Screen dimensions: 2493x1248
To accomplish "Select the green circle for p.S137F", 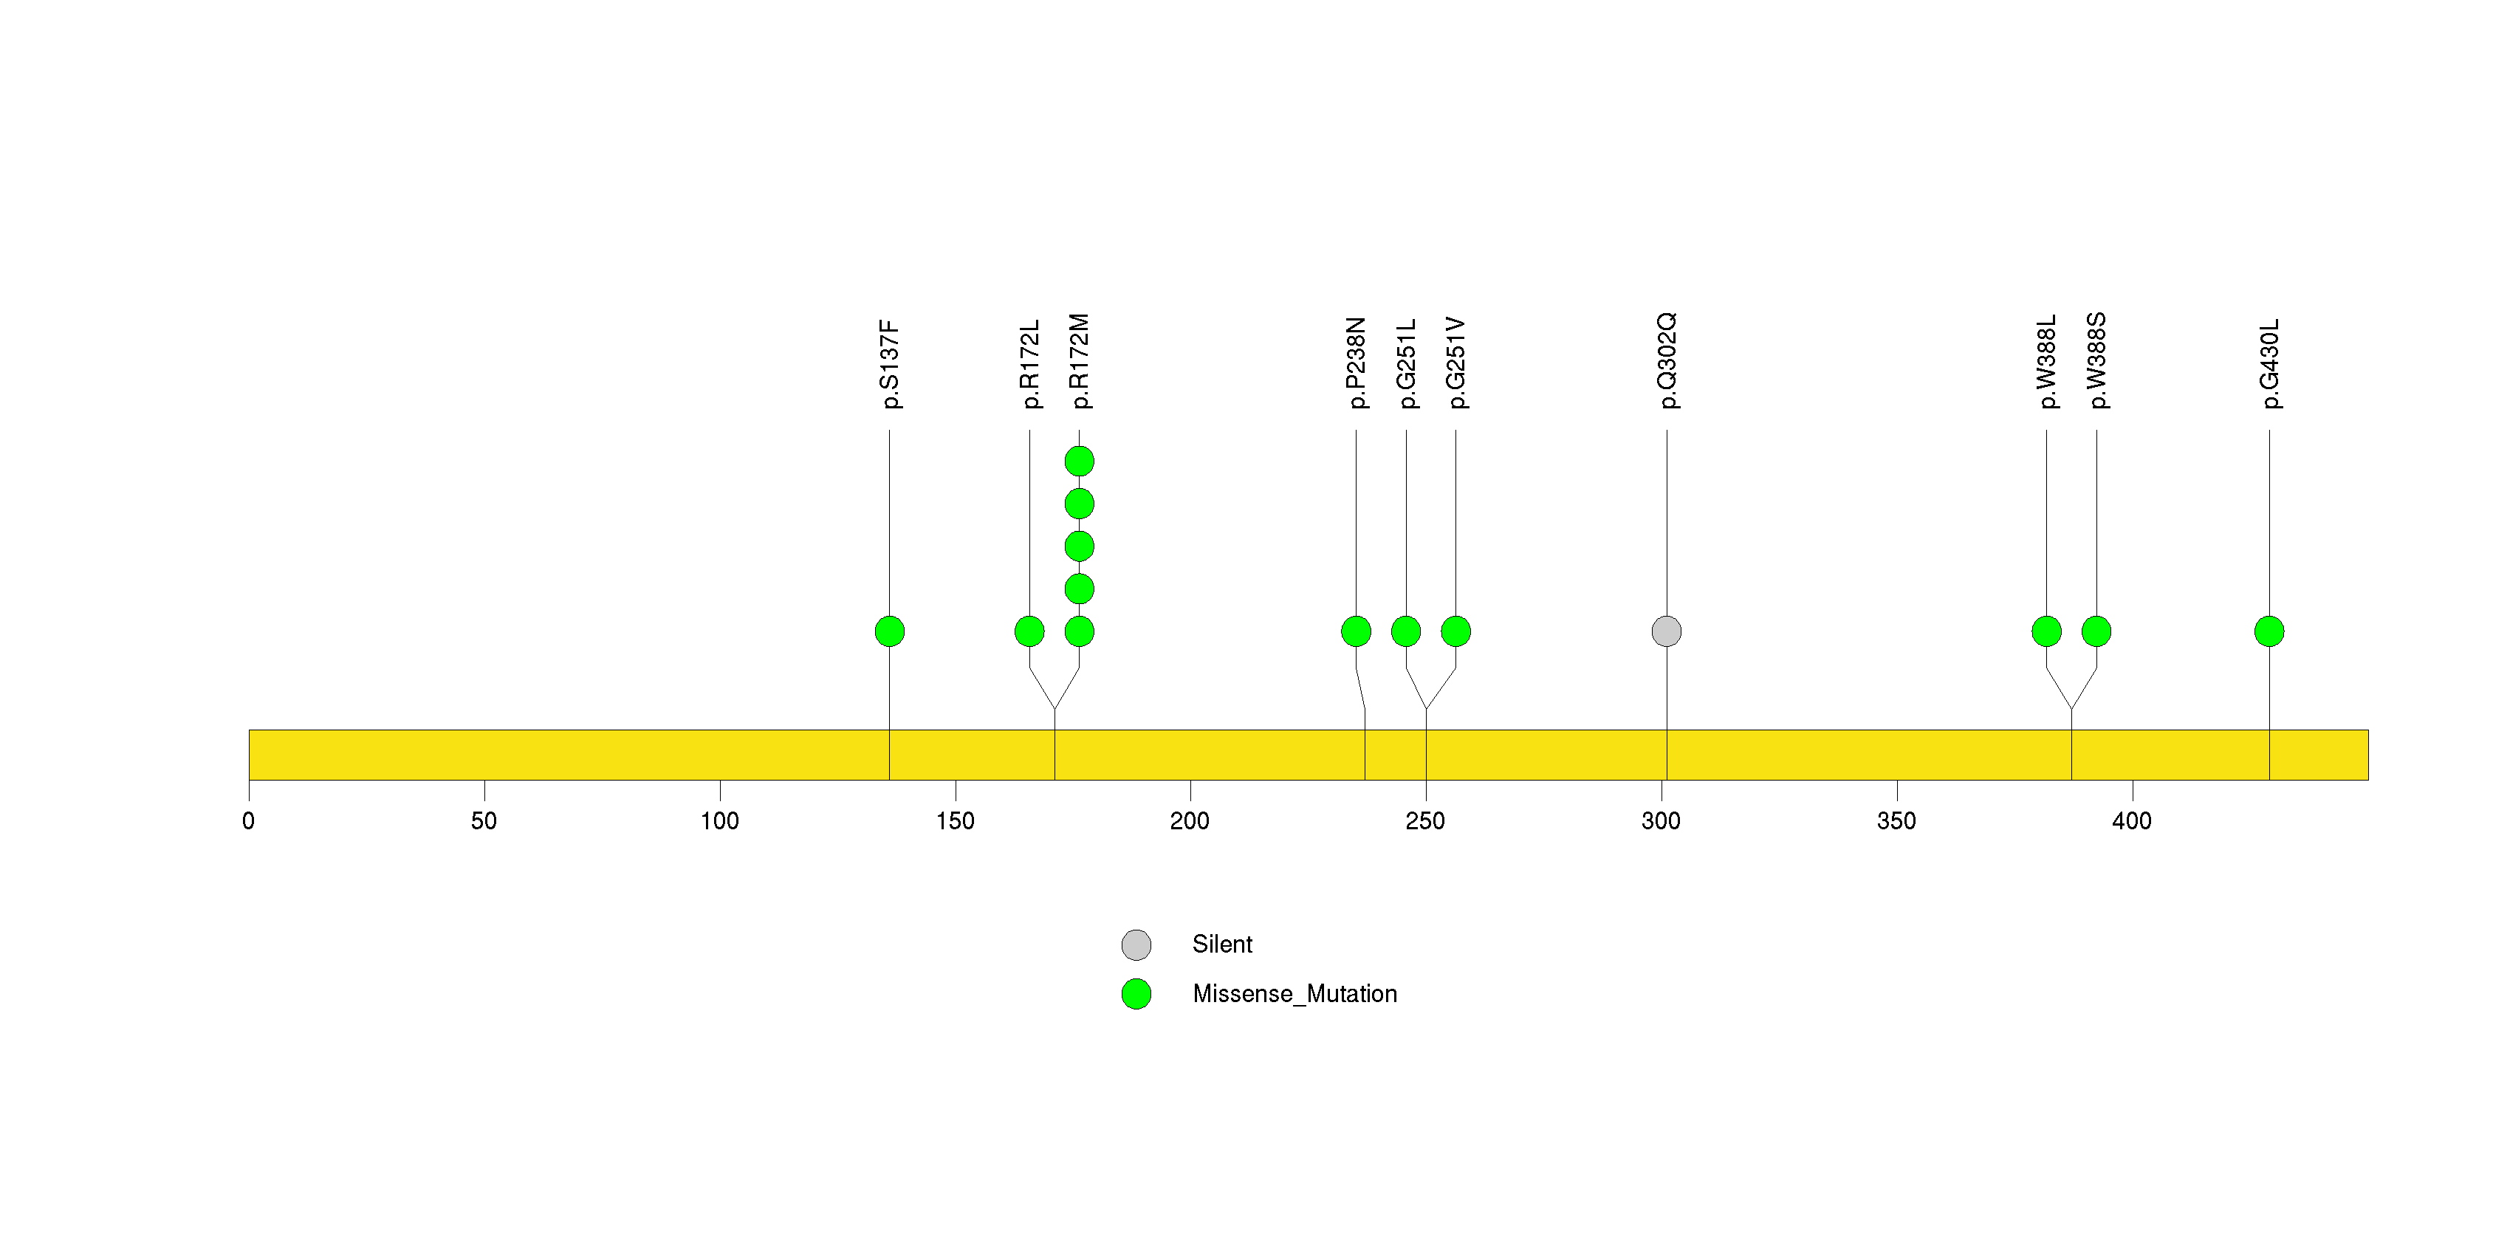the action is (889, 631).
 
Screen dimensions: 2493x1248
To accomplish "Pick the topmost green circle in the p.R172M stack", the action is (1079, 462).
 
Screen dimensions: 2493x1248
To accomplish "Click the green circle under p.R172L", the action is (1029, 631).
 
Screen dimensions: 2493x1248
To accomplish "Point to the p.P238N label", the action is (1356, 363).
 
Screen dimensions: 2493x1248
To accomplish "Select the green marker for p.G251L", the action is (1406, 631).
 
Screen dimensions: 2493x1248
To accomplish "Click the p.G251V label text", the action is (1455, 363).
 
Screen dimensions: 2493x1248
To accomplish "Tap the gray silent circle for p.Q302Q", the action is (1667, 631).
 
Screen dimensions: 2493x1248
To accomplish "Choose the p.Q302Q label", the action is (1667, 361).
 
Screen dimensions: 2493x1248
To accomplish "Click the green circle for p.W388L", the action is (2047, 631).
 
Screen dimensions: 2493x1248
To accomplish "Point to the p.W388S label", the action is (2096, 361).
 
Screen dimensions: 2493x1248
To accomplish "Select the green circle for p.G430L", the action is (2269, 631).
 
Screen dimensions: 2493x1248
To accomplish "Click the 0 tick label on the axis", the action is (249, 821).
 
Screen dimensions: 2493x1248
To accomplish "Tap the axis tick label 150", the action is (956, 821).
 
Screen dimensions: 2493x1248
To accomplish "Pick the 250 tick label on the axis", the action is (1425, 821).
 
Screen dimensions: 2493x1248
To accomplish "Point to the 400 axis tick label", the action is (2132, 821).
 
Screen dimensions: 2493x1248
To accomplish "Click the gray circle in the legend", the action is (1136, 945).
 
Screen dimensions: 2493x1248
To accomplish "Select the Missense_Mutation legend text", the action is (1295, 995).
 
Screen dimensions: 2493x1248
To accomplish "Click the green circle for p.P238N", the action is (1356, 631).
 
